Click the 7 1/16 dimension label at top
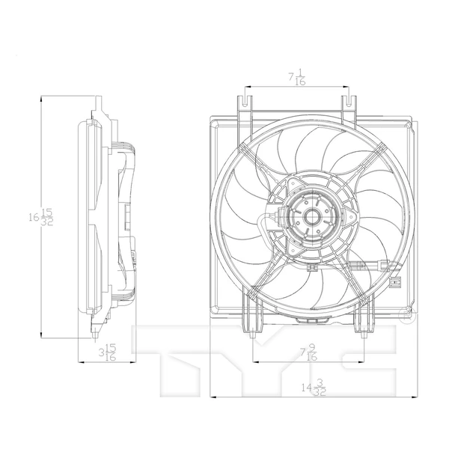(296, 77)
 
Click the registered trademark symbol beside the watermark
(407, 320)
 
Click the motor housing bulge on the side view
(129, 217)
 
